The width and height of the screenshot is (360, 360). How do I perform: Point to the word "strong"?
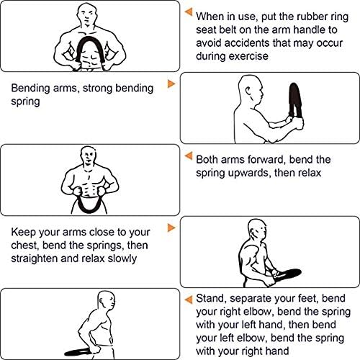pos(97,89)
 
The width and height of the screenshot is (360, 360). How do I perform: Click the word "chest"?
pos(24,246)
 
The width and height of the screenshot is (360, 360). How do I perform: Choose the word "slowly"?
pos(122,258)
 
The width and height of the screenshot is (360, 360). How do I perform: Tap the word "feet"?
pos(308,298)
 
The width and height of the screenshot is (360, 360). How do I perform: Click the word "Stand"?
pos(210,299)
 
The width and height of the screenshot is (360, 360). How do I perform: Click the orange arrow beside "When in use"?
pos(189,12)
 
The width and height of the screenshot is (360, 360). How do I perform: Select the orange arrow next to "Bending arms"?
pos(171,84)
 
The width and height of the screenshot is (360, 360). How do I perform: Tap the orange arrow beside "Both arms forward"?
pos(189,156)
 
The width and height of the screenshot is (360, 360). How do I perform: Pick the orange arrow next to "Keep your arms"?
pos(171,228)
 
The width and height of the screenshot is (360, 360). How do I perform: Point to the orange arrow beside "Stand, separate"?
pos(189,300)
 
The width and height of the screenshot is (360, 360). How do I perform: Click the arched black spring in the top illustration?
pos(90,39)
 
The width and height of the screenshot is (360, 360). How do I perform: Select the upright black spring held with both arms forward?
pos(295,101)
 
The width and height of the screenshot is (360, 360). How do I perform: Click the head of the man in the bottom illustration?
pos(107,300)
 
